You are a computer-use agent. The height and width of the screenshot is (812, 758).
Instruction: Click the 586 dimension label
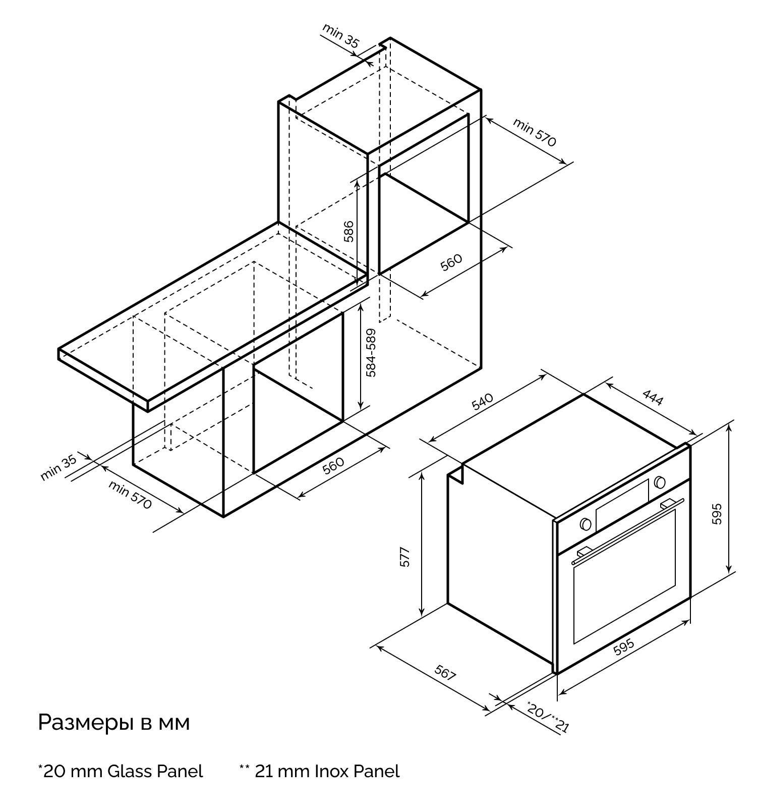click(x=348, y=231)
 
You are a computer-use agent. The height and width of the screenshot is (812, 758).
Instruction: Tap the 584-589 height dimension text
click(x=371, y=353)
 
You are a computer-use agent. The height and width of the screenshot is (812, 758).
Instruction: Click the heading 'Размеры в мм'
click(x=114, y=723)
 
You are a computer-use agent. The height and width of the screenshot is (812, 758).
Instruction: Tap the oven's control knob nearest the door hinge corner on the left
click(x=586, y=524)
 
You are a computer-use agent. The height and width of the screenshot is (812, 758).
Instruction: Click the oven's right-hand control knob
click(x=660, y=482)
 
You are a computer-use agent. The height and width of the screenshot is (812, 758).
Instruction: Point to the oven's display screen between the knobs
click(x=622, y=505)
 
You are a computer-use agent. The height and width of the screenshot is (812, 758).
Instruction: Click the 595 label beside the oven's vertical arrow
click(x=717, y=514)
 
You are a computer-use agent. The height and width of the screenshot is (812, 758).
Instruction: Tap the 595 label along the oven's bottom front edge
click(x=624, y=647)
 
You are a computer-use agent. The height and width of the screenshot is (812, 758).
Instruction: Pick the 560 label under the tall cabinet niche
click(x=451, y=262)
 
